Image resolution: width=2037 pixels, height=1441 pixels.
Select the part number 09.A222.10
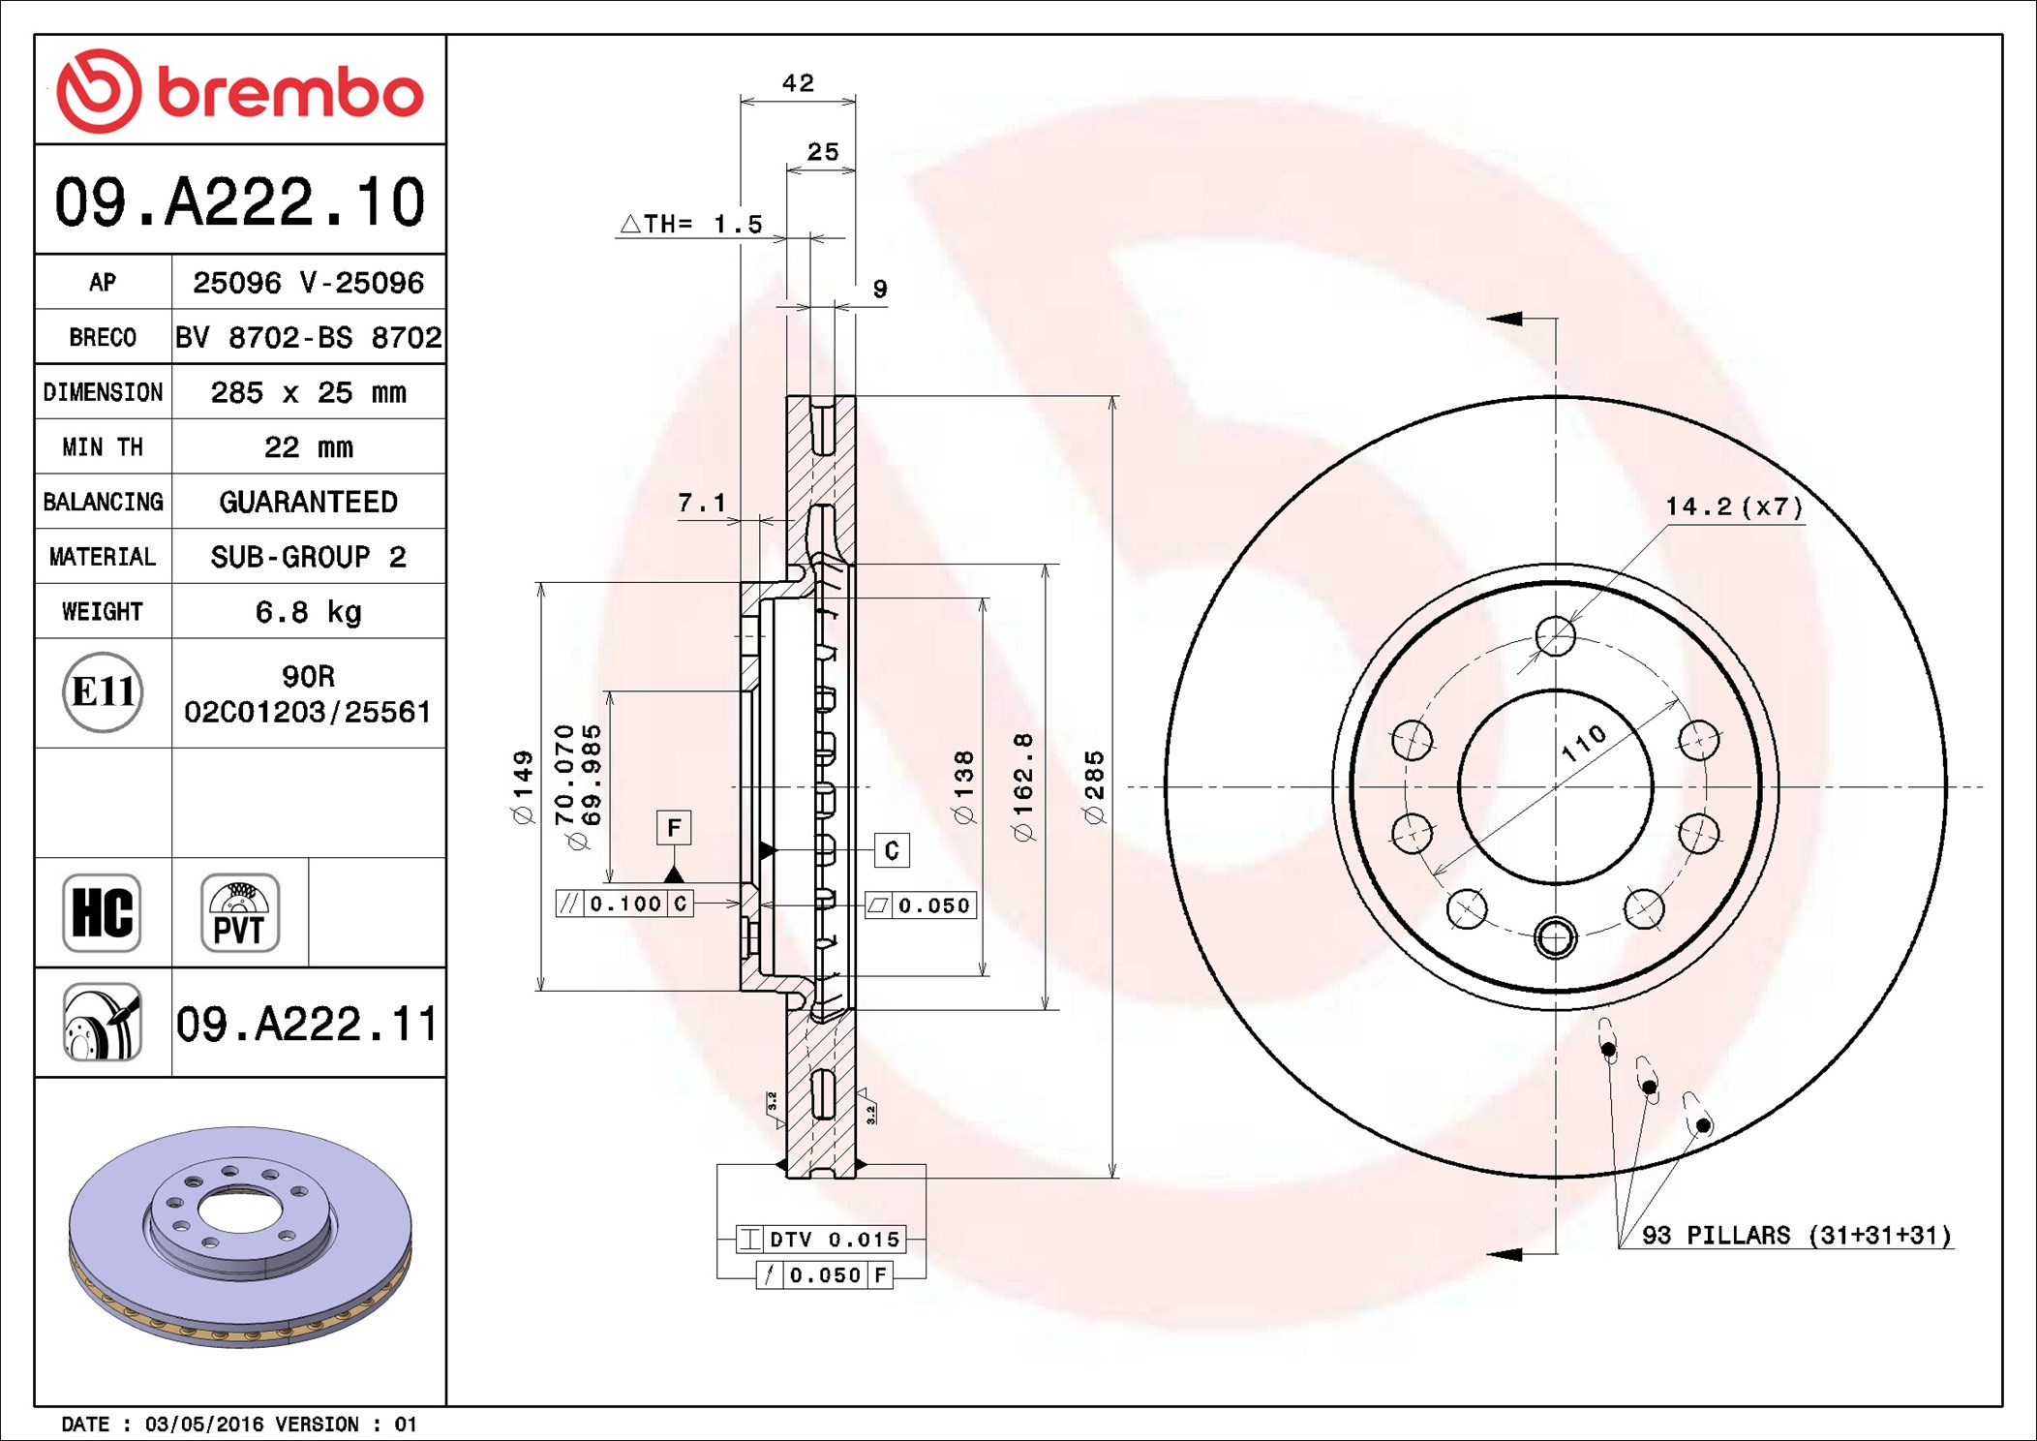coord(240,202)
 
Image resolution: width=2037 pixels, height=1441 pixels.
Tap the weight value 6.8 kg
coord(308,612)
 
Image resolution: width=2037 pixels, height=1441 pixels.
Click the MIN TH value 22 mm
coord(308,447)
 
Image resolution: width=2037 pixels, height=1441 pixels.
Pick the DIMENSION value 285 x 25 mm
coord(308,392)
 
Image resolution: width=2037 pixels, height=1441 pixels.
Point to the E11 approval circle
coord(103,692)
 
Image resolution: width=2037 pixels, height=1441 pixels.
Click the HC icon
coord(103,912)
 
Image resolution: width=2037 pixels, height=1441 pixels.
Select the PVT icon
coord(240,912)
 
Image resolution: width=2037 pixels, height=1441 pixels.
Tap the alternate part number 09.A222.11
coord(307,1024)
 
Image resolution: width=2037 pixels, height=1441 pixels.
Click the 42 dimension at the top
coord(798,83)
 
